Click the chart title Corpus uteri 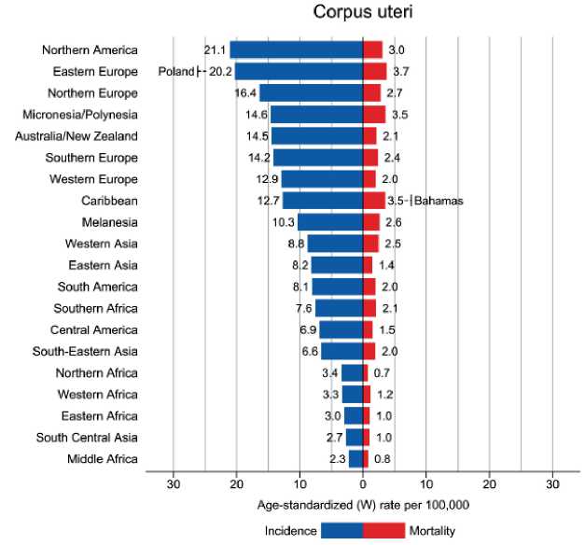pos(362,15)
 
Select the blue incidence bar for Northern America pos(296,49)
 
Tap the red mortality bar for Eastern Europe pos(374,71)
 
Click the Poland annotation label pos(175,72)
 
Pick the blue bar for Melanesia pos(330,222)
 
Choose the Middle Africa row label pos(103,458)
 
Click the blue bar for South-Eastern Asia pos(341,351)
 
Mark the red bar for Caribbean pos(373,201)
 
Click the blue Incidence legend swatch pos(341,530)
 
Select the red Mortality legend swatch pos(383,530)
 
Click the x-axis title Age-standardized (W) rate pos(362,505)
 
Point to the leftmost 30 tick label pos(173,483)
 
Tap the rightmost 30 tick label pos(552,483)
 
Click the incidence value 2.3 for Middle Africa pos(338,458)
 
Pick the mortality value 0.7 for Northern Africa pos(382,372)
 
